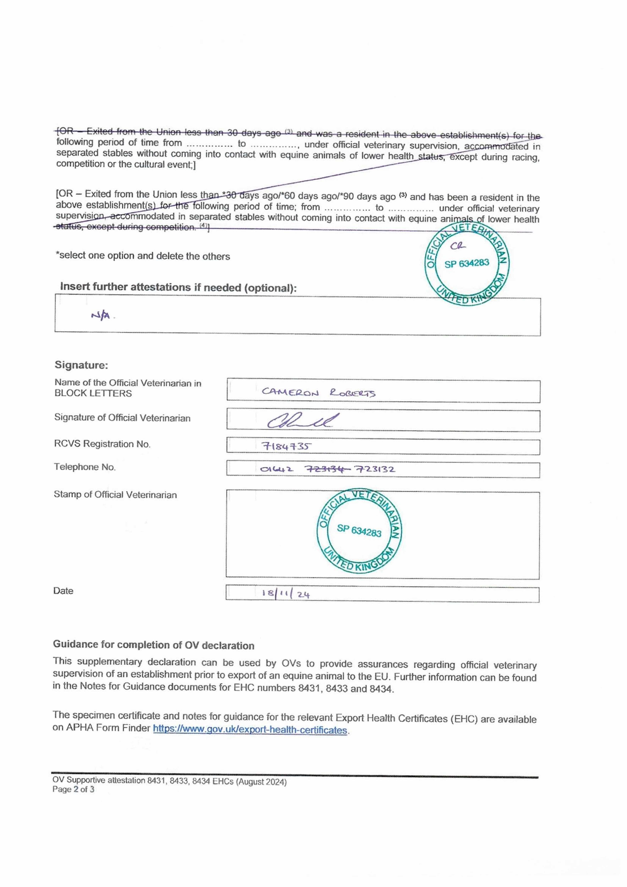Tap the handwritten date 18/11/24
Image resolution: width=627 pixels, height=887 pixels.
point(286,594)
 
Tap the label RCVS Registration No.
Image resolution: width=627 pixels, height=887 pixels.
point(102,444)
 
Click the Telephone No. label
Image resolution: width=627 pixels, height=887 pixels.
point(85,467)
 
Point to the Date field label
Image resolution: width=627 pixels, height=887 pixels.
point(63,591)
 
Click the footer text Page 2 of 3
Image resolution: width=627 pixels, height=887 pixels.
point(73,789)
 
